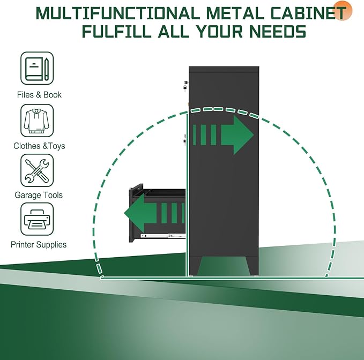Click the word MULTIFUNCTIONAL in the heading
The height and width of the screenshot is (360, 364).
point(118,13)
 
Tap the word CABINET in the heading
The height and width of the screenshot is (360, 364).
point(308,13)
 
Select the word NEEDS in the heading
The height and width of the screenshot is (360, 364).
point(278,31)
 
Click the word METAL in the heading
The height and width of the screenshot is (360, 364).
point(235,13)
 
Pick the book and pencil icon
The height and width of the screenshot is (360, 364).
point(37,68)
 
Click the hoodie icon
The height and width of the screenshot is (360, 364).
point(37,121)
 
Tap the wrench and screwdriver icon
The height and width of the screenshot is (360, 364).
point(37,170)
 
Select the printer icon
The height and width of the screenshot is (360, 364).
point(37,219)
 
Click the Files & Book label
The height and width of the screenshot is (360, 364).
point(39,95)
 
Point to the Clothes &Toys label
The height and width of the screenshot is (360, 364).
point(39,146)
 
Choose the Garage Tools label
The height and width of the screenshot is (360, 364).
point(39,195)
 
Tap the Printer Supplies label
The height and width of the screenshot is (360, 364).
point(39,244)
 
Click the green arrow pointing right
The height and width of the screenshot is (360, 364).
point(224,135)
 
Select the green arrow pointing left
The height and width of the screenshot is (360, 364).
point(154,213)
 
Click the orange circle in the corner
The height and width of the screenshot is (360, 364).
point(343,10)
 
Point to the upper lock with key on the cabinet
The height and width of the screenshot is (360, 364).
point(185,86)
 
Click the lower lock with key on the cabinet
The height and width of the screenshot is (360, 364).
point(185,140)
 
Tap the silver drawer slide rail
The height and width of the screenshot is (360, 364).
point(164,236)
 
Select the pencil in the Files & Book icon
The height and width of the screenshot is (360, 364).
point(47,69)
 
